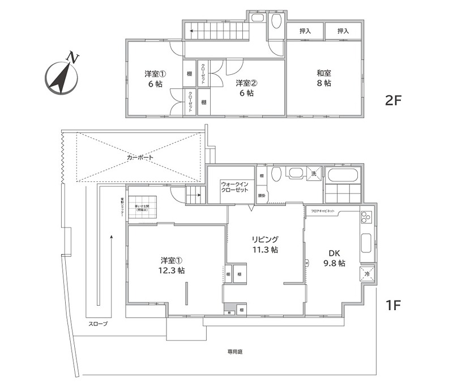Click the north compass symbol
[x=62, y=76]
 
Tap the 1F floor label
[x=393, y=306]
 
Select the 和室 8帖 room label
[x=324, y=78]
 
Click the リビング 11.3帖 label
[x=265, y=244]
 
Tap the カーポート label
[x=140, y=157]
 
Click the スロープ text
[x=98, y=324]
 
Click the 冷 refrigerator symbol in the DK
[x=366, y=274]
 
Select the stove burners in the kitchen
[x=366, y=217]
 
